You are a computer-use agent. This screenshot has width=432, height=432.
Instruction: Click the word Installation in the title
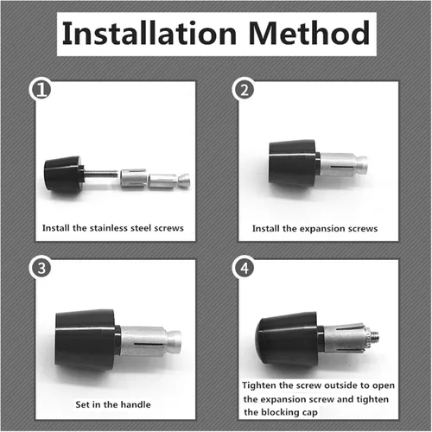[149, 33]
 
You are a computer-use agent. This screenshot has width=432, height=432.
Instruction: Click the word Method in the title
[309, 33]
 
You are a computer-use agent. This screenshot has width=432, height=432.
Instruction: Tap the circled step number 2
[245, 90]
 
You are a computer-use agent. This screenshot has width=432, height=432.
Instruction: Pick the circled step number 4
[245, 268]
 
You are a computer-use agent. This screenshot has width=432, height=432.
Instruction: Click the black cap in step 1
[63, 175]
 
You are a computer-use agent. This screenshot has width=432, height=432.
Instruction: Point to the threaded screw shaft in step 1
[101, 174]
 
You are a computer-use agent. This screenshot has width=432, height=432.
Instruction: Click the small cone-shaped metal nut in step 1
[184, 181]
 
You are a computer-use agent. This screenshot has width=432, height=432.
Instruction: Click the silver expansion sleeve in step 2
[343, 164]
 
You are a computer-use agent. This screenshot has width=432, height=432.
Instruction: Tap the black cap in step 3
[86, 340]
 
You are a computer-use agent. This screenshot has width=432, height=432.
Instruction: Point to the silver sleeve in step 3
[149, 341]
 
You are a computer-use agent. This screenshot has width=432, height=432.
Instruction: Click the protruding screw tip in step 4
[374, 335]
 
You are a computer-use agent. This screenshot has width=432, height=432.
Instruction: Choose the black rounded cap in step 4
[288, 340]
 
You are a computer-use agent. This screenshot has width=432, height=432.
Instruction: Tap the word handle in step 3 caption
[136, 404]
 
